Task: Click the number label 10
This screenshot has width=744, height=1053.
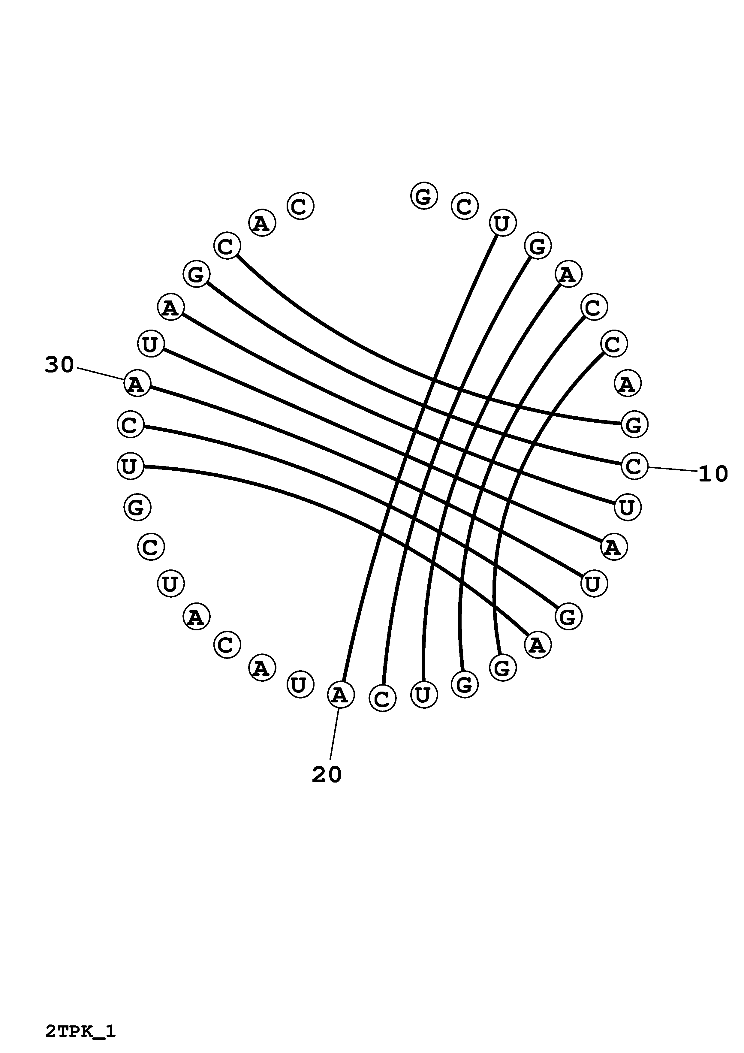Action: tap(713, 474)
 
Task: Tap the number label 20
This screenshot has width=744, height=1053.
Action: tap(327, 775)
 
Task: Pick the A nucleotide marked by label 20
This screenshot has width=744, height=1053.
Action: tap(341, 695)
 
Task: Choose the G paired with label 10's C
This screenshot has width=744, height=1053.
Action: tap(197, 274)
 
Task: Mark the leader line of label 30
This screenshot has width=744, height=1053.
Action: tap(101, 373)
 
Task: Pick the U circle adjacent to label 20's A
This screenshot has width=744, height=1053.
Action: tap(300, 684)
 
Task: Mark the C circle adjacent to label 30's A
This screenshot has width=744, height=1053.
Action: tap(131, 424)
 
